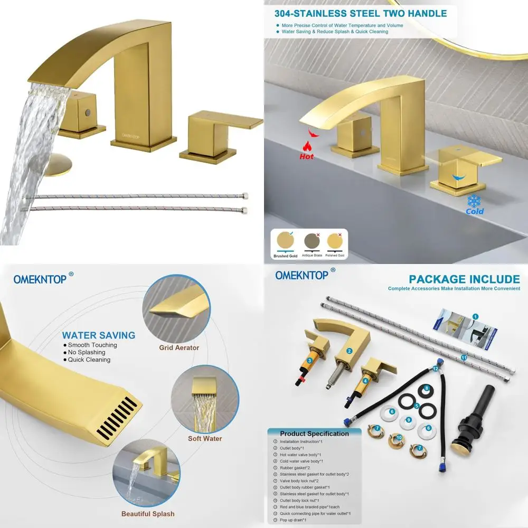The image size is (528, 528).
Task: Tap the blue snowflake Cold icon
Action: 475,201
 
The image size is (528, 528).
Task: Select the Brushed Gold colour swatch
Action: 285,241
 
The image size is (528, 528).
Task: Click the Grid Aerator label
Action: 179,348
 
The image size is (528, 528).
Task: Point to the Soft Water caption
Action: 205,438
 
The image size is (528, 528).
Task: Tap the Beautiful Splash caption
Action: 148,514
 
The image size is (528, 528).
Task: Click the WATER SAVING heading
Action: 99,335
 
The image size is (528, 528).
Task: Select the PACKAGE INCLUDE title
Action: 464,279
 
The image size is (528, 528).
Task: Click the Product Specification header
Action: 314,433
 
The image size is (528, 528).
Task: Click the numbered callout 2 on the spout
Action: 349,351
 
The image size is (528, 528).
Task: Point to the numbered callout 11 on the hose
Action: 464,357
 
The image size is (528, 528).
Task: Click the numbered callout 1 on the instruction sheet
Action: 475,316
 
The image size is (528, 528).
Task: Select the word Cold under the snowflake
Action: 475,211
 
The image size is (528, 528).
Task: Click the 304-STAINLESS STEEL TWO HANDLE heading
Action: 361,14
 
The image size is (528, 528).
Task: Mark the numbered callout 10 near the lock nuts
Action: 399,437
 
